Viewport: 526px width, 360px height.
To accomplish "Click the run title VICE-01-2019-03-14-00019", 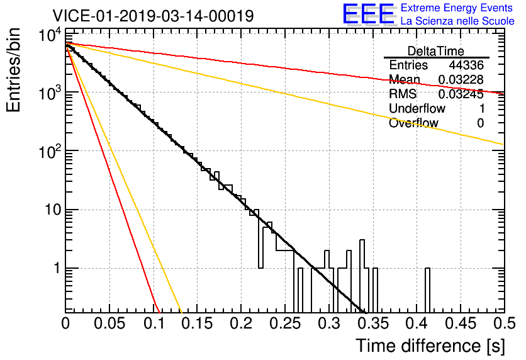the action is coord(153,16).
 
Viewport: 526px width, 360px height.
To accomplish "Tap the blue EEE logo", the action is coord(368,14).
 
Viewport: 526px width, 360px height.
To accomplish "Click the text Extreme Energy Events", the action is coord(457,8).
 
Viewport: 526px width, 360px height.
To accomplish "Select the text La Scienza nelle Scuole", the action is coord(457,21).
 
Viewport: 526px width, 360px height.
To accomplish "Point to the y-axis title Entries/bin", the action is coord(13,70).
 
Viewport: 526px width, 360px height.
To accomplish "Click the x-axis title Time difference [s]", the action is coord(430,346).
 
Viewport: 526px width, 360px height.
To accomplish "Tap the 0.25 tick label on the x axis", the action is coord(285,323).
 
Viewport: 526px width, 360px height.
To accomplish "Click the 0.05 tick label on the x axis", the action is coord(109,323).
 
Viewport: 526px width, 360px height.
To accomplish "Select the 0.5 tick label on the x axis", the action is coord(504,323).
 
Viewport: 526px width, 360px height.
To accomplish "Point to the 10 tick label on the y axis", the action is coord(53,210).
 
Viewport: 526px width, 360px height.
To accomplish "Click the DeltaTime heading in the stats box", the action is coord(435,51).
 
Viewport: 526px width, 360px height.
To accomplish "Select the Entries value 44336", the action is coord(466,65).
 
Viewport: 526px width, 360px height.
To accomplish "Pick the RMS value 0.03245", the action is coord(461,94).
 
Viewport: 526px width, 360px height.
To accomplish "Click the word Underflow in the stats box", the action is coord(417,108).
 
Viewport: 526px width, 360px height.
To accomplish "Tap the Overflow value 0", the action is coord(480,123).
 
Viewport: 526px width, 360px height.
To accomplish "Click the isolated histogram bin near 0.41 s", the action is coord(427,291).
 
